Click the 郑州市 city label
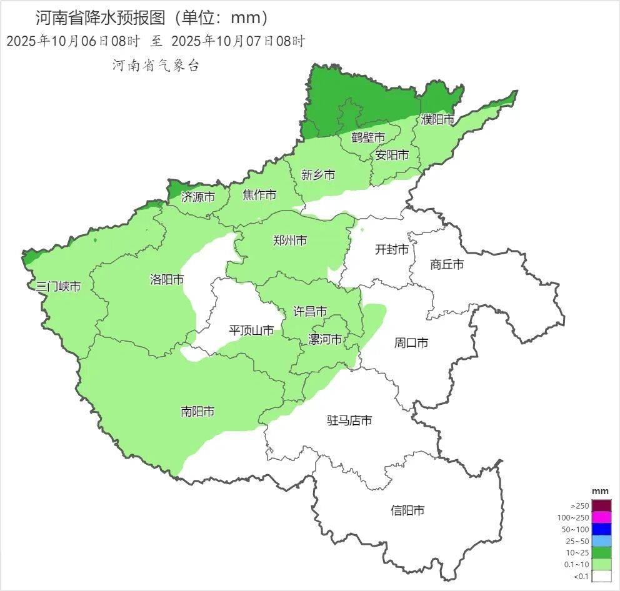point(290,240)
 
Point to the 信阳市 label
point(407,510)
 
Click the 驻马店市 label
point(349,420)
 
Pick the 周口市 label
point(411,342)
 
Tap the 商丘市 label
point(447,264)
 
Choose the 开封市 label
point(392,249)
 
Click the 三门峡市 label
point(58,287)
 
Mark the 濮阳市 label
point(437,119)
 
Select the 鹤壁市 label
point(367,137)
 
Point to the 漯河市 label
point(326,339)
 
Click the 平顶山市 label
point(251,330)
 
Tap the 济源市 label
point(197,197)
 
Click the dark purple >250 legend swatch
point(601,505)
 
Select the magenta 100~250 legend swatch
point(601,517)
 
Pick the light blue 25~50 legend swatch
point(601,541)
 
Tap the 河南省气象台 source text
point(156,65)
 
